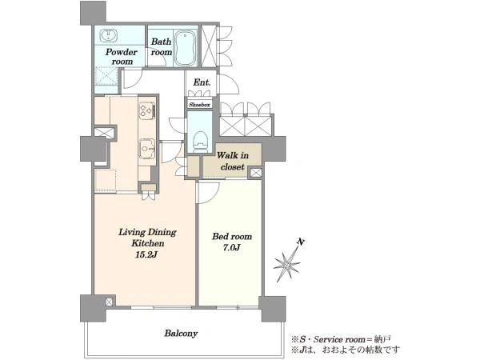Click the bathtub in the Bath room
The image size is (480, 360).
[x=186, y=48]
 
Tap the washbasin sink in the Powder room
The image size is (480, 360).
[x=108, y=35]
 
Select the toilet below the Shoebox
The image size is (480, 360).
[x=201, y=142]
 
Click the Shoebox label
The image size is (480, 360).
[x=199, y=105]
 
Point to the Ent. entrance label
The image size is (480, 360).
[x=202, y=82]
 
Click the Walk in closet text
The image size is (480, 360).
[x=233, y=161]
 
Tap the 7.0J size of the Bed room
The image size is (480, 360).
[x=231, y=247]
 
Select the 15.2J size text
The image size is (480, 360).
[x=146, y=254]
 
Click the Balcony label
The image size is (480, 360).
[x=181, y=333]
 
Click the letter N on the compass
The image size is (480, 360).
[x=302, y=242]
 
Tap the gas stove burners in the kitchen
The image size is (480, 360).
[x=147, y=110]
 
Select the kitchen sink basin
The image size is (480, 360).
[x=147, y=149]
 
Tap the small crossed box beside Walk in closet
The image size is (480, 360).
[x=256, y=173]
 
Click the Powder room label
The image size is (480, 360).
[x=122, y=57]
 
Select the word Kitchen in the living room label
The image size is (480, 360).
[x=148, y=243]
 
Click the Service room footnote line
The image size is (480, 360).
[x=341, y=339]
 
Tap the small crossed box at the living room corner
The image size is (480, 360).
[x=110, y=302]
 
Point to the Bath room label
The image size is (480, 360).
[x=162, y=47]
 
